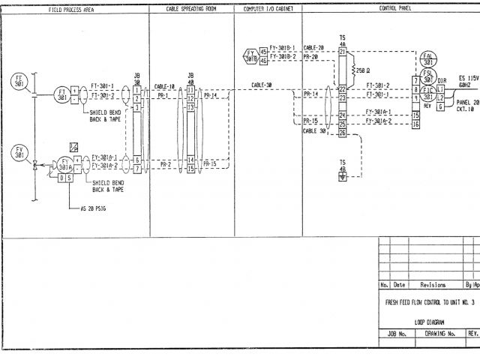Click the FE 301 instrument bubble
tap(19, 81)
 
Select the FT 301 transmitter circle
tap(62, 95)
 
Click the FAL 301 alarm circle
tap(428, 59)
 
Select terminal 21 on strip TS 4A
tap(342, 52)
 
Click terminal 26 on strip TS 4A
tap(342, 133)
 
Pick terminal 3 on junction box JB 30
tap(137, 107)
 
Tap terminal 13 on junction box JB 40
tap(190, 107)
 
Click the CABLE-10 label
tap(164, 87)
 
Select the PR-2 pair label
tap(164, 163)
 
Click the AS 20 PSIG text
tap(94, 208)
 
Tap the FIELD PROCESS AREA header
tap(70, 9)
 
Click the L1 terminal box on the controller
tap(440, 88)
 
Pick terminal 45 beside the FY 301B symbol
tap(263, 52)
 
